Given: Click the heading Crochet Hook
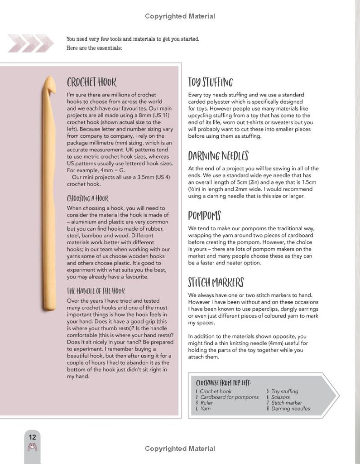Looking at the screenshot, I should pos(91,82).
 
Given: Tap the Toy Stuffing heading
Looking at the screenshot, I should pos(211,82).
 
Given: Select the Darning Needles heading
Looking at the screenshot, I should pos(218,156).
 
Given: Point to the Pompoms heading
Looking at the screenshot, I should pos(205,215).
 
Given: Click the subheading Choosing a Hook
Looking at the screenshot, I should pos(88,198).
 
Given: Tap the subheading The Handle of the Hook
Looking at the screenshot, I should pos(96,291).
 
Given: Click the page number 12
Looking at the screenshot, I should pos(32,437).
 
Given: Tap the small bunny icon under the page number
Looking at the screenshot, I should pos(32,447).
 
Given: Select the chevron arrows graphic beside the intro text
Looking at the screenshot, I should pos(23,42).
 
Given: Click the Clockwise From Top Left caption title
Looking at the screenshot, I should pos(224,382).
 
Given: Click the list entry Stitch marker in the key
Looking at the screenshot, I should pos(287,403).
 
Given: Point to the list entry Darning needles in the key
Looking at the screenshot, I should pos(290,409).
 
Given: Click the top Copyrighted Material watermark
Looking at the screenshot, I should pos(180,16).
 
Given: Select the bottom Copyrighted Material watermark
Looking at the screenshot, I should pos(180,449).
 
